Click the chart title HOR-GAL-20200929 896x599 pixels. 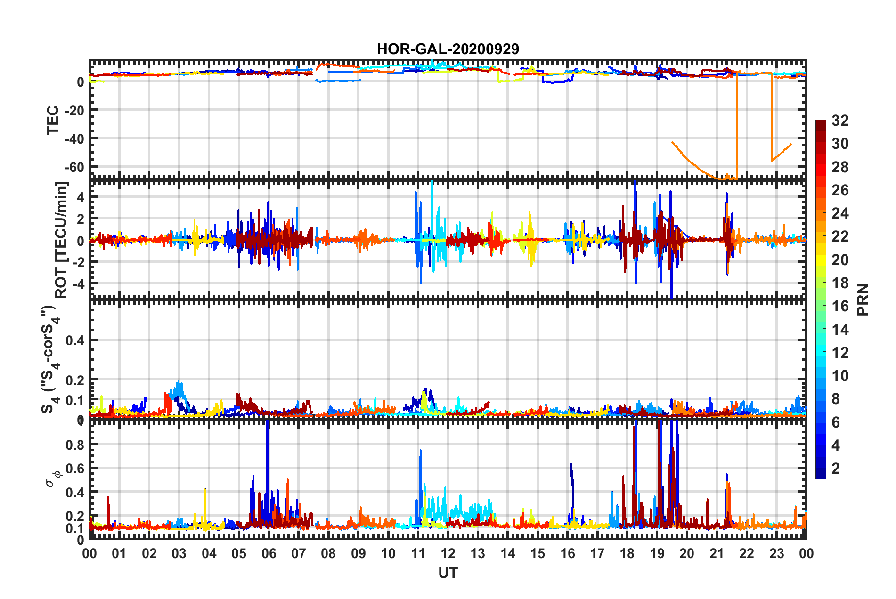pos(448,49)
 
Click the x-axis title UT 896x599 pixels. pos(448,573)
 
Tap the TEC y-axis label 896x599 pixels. pos(53,120)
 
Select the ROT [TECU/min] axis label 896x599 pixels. pos(61,240)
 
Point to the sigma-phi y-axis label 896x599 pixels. pos(53,478)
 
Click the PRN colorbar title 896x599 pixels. pos(863,300)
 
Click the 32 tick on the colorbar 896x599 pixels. pos(840,121)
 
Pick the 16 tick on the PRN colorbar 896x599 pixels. pos(840,306)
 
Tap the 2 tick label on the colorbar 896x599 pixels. pos(836,468)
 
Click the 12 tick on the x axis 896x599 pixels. pos(448,553)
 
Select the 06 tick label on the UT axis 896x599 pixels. pos(269,553)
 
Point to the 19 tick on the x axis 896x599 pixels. pos(657,553)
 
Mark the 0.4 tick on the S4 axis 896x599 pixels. pos(75,340)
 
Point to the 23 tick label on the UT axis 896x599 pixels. pos(776,553)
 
